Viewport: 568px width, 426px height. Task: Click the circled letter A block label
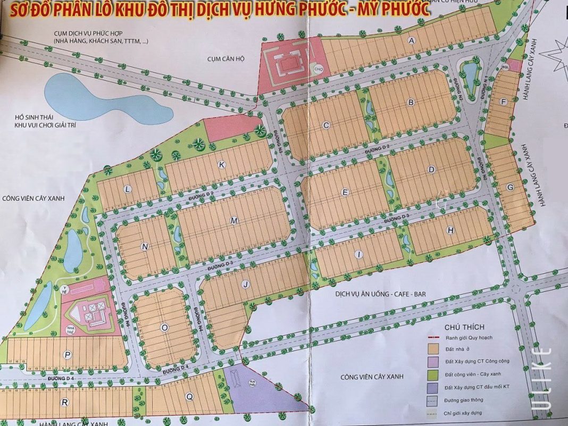point(411,40)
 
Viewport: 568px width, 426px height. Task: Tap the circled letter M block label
point(235,220)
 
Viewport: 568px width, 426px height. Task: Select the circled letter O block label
point(164,328)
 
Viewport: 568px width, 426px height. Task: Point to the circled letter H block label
point(451,230)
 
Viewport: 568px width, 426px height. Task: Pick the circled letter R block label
point(64,403)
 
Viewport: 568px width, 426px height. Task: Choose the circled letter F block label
point(503,103)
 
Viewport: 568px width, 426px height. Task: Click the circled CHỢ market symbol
point(319,68)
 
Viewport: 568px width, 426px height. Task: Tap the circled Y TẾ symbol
point(65,289)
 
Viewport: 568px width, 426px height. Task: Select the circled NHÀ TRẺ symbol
point(70,328)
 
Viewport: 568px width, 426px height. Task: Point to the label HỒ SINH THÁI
point(36,117)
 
